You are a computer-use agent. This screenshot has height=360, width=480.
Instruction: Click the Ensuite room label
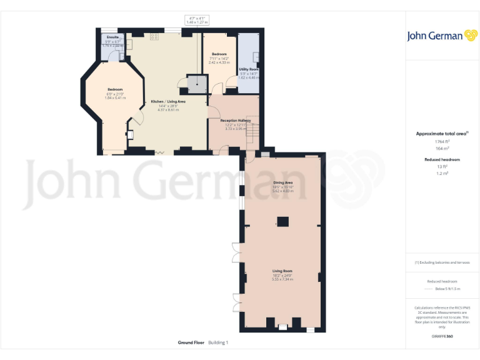pyautogui.click(x=113, y=37)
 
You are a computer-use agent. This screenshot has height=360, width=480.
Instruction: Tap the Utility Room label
pyautogui.click(x=249, y=69)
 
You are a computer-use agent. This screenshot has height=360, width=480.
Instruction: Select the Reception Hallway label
pyautogui.click(x=235, y=120)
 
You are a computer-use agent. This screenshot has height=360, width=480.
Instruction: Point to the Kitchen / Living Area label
pyautogui.click(x=167, y=101)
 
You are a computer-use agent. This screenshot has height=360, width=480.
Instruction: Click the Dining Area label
pyautogui.click(x=283, y=182)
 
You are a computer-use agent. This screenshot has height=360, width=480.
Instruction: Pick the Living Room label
pyautogui.click(x=283, y=271)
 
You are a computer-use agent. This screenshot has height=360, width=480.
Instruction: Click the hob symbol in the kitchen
pyautogui.click(x=154, y=36)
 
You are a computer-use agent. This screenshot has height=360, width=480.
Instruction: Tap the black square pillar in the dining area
pyautogui.click(x=283, y=220)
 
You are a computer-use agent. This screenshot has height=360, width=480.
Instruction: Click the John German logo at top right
pyautogui.click(x=442, y=36)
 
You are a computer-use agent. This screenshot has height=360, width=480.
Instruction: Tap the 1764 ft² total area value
pyautogui.click(x=442, y=141)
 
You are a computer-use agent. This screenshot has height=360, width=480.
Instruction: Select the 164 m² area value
pyautogui.click(x=442, y=149)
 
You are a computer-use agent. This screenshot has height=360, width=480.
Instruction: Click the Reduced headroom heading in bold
pyautogui.click(x=442, y=159)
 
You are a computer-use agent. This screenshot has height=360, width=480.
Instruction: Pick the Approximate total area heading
pyautogui.click(x=442, y=133)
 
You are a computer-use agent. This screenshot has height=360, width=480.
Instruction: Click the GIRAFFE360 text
pyautogui.click(x=442, y=337)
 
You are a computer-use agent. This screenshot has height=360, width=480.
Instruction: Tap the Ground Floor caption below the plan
pyautogui.click(x=191, y=342)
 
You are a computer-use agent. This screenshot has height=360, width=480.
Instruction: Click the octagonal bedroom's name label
pyautogui.click(x=115, y=89)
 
